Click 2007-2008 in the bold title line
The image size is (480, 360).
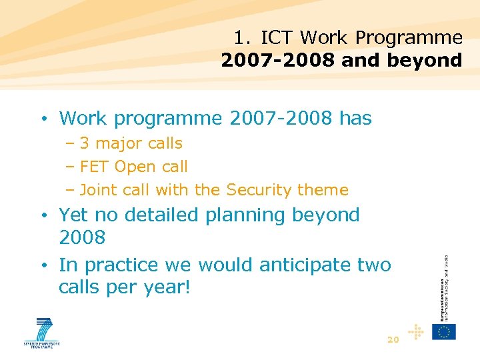pyautogui.click(x=278, y=61)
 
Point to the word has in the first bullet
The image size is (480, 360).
pyautogui.click(x=355, y=119)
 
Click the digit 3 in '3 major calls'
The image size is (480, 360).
pyautogui.click(x=85, y=143)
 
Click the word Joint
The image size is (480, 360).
pyautogui.click(x=99, y=190)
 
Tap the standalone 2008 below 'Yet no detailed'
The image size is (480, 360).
pyautogui.click(x=82, y=238)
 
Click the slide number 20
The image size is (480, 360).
pyautogui.click(x=393, y=340)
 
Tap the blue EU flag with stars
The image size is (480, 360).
pyautogui.click(x=444, y=331)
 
